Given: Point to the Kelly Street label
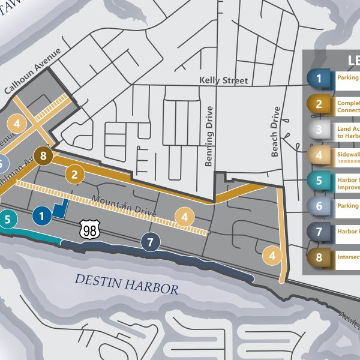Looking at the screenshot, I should pos(223,80).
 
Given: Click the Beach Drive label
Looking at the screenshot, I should pos(275,132).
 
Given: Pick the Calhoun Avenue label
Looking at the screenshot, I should pos(33,73).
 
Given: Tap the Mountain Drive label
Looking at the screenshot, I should pos(124,208).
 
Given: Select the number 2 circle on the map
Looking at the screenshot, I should pos(74,175).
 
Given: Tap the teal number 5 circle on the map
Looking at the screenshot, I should pos(7,220).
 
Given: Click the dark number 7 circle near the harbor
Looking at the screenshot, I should pos(150,242).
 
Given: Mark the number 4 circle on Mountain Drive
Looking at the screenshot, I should pos(185,217).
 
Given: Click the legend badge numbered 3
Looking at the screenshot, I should pos(319,130).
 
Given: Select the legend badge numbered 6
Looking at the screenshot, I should pos(319,206).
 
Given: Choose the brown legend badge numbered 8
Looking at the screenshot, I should pos(319,257).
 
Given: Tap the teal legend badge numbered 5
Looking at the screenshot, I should pos(319,180).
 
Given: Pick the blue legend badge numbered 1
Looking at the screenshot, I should pos(319,78).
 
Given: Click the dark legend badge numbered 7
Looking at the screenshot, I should pos(319,232).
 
